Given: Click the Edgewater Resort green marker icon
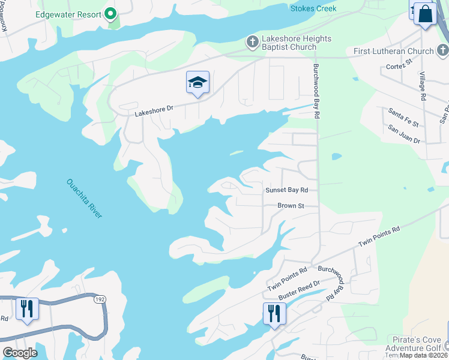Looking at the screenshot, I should (x=110, y=13).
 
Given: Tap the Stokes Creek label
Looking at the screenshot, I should (x=313, y=8).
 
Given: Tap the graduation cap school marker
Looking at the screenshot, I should (x=197, y=83).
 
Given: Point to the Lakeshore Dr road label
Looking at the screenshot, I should (x=154, y=109).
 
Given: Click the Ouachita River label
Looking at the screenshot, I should (x=84, y=199).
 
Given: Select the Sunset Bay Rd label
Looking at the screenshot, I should (x=286, y=190).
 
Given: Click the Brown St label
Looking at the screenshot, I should (x=291, y=206).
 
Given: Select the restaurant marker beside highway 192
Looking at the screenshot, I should (x=27, y=309).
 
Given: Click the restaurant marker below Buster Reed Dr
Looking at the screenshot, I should (x=274, y=313).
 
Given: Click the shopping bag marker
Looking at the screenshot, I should (x=426, y=14).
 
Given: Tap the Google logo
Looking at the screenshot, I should (x=20, y=352).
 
